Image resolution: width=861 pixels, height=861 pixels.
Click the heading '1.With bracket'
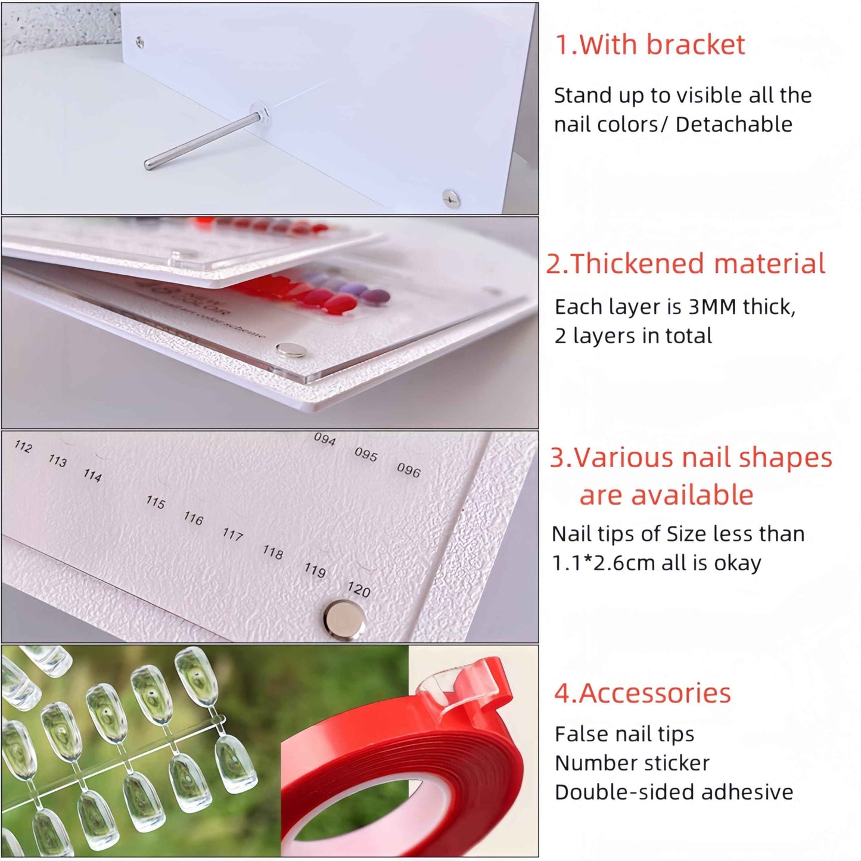[x=649, y=45]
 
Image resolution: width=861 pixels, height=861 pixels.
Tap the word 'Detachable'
[x=734, y=125]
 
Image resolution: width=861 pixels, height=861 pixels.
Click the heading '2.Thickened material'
[x=685, y=264]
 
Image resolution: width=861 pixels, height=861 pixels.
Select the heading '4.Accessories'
[x=642, y=693]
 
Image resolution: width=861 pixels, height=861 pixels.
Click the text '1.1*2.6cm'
[x=604, y=563]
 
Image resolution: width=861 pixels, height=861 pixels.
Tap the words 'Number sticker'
[x=632, y=763]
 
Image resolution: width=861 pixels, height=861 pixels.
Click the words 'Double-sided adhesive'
[x=673, y=792]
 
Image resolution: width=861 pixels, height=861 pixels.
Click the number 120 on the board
[x=359, y=589]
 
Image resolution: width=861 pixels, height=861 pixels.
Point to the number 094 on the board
[x=325, y=439]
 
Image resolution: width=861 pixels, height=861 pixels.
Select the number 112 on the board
[x=23, y=446]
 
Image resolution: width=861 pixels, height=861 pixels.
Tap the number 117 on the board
[x=232, y=534]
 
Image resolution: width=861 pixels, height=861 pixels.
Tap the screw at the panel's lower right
[x=451, y=198]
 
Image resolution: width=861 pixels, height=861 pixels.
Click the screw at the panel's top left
[x=140, y=42]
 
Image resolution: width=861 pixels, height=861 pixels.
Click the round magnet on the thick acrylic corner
[x=291, y=350]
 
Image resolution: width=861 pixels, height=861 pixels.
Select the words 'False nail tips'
[x=624, y=734]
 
